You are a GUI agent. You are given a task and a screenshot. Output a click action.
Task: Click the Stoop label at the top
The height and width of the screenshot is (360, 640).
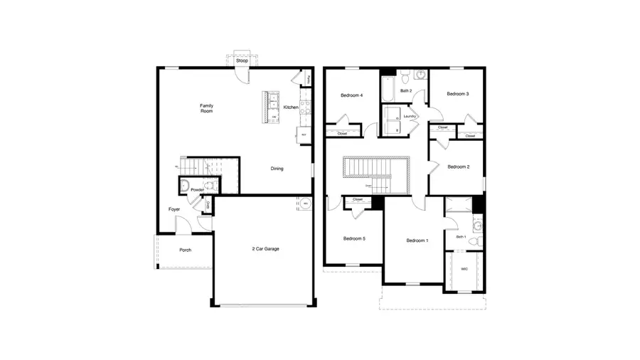pyautogui.click(x=242, y=60)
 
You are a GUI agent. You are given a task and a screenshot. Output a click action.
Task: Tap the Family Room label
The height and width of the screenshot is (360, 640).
pyautogui.click(x=207, y=109)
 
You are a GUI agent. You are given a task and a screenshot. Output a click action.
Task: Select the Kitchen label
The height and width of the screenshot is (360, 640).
pyautogui.click(x=291, y=107)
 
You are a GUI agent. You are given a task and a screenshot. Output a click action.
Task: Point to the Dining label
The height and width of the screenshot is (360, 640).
pyautogui.click(x=277, y=169)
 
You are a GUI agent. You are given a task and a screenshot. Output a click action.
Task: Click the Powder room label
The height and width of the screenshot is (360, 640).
pyautogui.click(x=197, y=190)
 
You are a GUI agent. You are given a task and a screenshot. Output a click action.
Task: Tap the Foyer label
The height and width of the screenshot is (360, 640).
pyautogui.click(x=174, y=209)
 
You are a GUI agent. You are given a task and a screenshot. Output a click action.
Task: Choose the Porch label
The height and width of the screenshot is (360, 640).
pyautogui.click(x=185, y=250)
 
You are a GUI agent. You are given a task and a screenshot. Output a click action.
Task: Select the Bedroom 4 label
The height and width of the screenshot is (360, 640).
pyautogui.click(x=351, y=95)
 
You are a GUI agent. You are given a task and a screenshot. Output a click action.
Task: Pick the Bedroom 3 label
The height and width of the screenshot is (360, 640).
pyautogui.click(x=457, y=94)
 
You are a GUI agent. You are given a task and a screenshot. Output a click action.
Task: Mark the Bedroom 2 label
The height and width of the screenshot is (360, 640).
pyautogui.click(x=458, y=167)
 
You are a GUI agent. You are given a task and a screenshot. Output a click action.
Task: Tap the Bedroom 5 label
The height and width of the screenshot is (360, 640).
pyautogui.click(x=353, y=238)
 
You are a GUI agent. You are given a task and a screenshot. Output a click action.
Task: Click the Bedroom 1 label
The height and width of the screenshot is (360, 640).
pyautogui.click(x=417, y=240)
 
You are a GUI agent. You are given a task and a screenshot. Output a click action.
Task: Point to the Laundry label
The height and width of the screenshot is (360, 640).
pyautogui.click(x=409, y=116)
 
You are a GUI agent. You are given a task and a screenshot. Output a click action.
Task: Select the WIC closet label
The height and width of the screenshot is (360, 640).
pyautogui.click(x=464, y=269)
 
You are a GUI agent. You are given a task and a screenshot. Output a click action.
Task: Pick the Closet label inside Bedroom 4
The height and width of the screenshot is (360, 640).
pyautogui.click(x=342, y=133)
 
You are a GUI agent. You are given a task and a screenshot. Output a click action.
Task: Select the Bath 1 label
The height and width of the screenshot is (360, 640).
pyautogui.click(x=461, y=236)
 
